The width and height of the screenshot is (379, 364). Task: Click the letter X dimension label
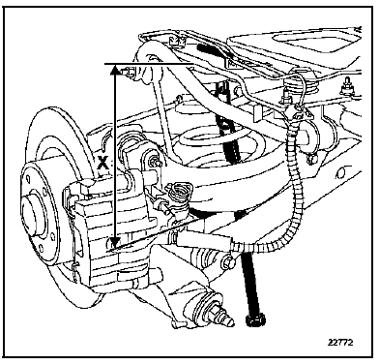102,162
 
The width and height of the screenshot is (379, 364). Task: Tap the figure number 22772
340,342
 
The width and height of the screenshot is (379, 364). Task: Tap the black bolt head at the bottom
255,320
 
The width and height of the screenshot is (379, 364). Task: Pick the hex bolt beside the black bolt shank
227,262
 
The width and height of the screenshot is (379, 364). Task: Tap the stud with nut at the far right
348,87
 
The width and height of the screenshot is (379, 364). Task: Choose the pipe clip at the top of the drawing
177,40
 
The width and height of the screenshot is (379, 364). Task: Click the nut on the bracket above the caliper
156,161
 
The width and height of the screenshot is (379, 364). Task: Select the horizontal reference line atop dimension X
149,64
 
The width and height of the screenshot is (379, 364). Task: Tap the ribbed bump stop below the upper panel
299,85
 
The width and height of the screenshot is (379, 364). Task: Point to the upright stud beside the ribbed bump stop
285,97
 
